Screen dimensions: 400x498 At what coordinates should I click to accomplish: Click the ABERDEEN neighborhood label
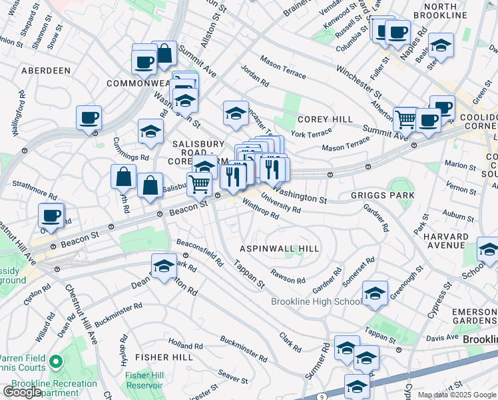[45, 70]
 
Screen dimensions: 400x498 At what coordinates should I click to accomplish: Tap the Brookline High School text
[316, 301]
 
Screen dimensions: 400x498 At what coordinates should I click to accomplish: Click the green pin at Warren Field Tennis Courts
[56, 363]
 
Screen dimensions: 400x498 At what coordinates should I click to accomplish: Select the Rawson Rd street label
[288, 276]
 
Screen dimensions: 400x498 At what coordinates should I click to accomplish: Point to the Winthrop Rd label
[260, 209]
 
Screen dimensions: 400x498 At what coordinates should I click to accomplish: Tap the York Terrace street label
[311, 134]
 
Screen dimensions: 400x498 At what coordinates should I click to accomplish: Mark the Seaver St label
[233, 378]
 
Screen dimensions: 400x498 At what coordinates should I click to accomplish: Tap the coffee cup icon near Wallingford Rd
[89, 119]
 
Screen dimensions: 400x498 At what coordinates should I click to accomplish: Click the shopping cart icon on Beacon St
[199, 184]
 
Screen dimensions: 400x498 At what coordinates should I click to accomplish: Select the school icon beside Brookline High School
[375, 293]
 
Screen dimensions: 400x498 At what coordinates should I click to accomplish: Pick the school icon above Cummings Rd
[151, 131]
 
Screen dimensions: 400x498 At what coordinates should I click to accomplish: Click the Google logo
[22, 392]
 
